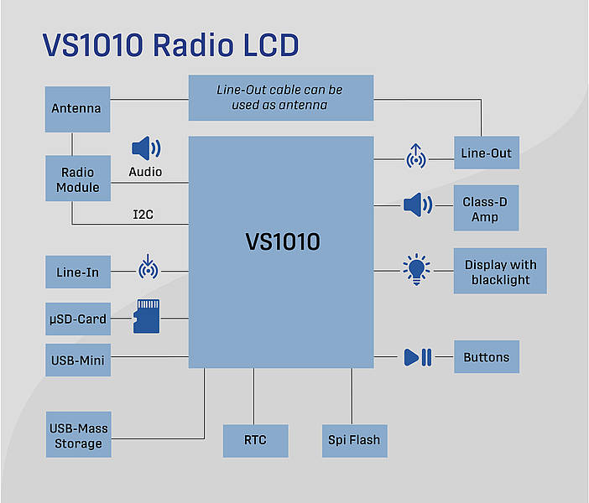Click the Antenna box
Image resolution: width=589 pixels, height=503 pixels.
pos(77,109)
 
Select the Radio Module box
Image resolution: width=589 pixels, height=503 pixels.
pos(78,179)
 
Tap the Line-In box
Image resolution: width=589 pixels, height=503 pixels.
pos(78,272)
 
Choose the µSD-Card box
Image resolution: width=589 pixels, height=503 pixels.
pos(78,319)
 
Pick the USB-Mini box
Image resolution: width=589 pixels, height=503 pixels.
pos(78,360)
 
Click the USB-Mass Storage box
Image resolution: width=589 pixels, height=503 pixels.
pos(79,434)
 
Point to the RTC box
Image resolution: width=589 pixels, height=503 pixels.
pos(255,441)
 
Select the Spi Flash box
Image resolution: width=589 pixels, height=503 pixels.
pos(355,441)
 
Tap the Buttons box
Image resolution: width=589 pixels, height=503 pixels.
pos(487,356)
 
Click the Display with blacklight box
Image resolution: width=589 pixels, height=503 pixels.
pos(500,271)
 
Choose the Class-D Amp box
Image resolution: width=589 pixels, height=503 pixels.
pos(486,208)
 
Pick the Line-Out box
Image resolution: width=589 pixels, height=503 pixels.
pos(487,153)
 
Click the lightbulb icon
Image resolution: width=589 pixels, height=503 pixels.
pos(416,269)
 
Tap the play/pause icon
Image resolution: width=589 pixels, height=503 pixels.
pos(418,357)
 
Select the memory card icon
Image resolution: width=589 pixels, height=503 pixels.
pos(147,316)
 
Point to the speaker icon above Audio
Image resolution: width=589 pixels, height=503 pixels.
pos(146,148)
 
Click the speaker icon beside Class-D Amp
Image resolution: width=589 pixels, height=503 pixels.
pos(417,205)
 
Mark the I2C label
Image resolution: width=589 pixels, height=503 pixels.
pos(143,215)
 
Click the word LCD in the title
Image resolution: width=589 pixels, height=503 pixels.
pos(271,45)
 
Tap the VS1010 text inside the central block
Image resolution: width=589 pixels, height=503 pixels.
pos(283,241)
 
